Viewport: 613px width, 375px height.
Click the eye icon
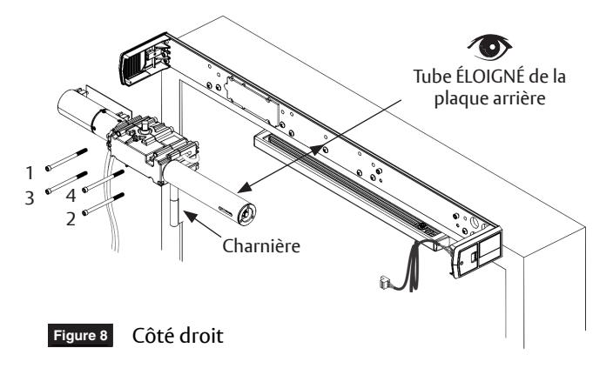tap(490, 46)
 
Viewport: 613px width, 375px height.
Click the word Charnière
tap(261, 246)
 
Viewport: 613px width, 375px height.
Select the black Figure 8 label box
tap(80, 335)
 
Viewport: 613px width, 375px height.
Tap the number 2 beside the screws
tap(71, 219)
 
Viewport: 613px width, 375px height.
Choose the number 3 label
tap(30, 198)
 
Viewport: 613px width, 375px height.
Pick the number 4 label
tap(71, 195)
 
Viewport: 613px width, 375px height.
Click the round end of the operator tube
tap(247, 214)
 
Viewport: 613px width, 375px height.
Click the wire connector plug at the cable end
tap(385, 283)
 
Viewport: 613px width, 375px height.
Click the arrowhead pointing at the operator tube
tap(244, 188)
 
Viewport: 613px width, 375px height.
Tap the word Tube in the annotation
tap(433, 77)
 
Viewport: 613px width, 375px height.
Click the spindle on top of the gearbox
tap(145, 127)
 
